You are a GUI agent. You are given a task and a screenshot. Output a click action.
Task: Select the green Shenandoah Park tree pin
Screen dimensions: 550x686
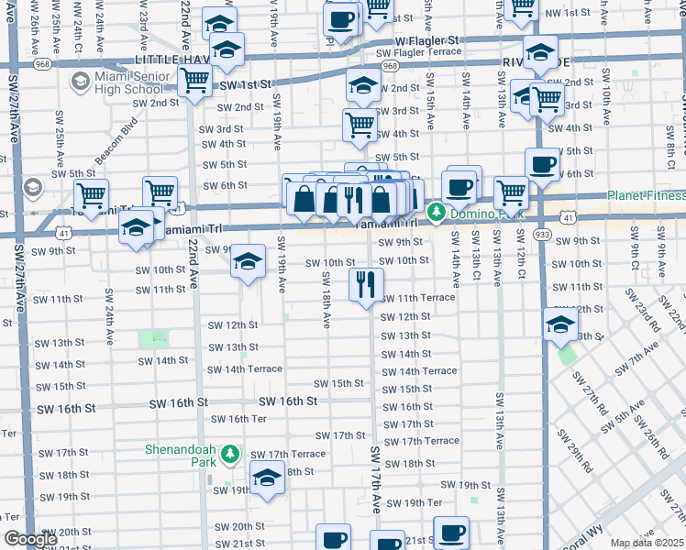233,454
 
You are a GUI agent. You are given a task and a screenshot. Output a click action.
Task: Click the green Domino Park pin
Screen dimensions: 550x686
437,214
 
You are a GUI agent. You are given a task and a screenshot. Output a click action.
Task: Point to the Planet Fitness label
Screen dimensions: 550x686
646,195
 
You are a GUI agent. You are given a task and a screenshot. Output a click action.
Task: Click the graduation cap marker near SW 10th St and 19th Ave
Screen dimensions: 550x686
248,261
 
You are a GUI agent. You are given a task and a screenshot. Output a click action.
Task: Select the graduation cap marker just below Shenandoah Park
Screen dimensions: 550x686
267,478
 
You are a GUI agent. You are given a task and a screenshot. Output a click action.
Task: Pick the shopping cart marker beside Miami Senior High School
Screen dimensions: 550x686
194,82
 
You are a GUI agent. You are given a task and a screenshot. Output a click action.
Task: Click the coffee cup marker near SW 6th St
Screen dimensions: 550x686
541,164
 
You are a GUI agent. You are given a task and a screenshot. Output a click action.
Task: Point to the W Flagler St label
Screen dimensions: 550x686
426,41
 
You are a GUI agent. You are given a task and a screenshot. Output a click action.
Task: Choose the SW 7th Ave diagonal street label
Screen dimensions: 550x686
638,358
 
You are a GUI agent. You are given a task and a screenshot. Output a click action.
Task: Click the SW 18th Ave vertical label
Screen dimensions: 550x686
326,304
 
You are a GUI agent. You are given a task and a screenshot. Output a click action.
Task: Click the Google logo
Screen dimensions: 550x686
29,539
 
